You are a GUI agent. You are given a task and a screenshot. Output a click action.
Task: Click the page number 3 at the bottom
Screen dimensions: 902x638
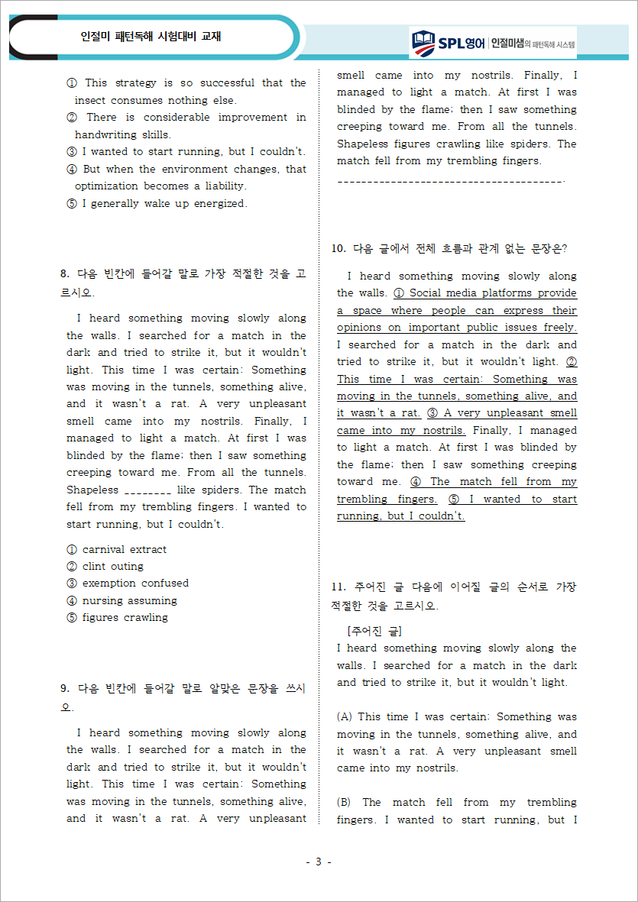319,862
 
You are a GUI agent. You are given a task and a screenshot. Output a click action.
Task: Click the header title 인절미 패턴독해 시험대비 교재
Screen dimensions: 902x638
151,36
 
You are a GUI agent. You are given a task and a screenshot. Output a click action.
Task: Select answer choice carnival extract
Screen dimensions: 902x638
124,549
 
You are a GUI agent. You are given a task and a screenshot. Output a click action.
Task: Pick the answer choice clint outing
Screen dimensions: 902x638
112,566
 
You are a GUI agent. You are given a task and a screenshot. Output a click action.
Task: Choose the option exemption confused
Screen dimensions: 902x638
135,583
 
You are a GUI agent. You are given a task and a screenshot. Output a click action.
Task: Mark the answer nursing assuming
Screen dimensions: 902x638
129,600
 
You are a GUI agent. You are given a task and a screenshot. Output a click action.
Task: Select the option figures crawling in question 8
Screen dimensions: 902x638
125,617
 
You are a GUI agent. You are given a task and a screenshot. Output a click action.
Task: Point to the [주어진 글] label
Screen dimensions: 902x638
374,631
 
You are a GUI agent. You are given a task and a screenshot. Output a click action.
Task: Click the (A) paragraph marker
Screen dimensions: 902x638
345,716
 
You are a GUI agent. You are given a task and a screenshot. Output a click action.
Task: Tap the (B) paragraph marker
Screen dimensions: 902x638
345,802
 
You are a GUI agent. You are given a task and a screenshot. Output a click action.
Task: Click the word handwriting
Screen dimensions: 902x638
108,134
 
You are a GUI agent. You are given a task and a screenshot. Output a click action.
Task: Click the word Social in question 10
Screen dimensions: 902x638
426,293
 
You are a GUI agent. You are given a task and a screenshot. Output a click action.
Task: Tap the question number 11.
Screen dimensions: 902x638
338,587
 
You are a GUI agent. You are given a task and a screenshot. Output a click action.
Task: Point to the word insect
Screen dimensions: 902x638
92,100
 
